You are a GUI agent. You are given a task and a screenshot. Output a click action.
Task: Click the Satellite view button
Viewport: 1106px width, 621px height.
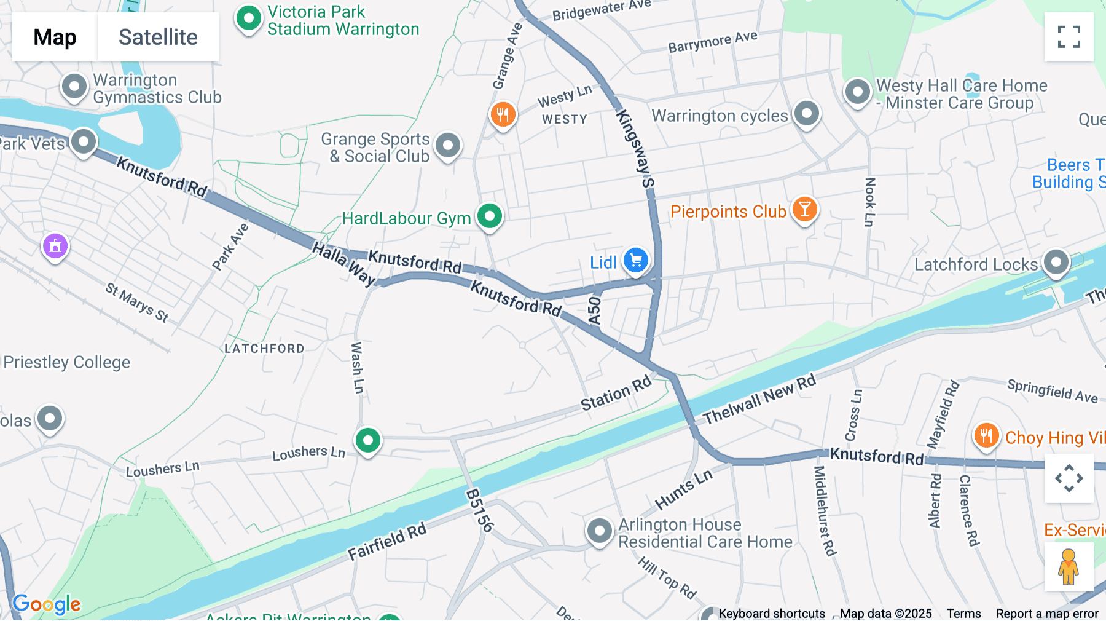(158, 37)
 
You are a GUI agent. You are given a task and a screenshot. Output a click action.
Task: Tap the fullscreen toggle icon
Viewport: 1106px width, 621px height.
(1069, 37)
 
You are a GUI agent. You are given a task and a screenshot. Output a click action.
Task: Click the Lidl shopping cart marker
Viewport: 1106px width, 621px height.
(636, 261)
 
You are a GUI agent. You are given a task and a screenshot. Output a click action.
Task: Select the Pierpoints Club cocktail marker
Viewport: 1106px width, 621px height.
(804, 210)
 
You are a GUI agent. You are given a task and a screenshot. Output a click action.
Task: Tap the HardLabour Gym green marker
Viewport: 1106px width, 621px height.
(490, 216)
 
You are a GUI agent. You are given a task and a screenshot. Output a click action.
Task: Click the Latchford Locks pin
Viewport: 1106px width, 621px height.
(1056, 263)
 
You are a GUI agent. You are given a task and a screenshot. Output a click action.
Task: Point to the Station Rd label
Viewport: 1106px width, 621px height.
(616, 394)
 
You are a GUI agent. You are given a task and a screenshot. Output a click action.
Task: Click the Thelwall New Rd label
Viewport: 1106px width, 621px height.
(759, 400)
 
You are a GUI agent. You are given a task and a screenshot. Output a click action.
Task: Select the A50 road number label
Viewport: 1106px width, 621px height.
(594, 310)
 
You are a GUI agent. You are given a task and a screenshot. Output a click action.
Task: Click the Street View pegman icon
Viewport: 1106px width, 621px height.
(1069, 567)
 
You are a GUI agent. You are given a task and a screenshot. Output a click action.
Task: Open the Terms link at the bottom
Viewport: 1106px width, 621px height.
(963, 614)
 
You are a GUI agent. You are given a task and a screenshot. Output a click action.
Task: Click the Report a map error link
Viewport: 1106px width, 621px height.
(1047, 614)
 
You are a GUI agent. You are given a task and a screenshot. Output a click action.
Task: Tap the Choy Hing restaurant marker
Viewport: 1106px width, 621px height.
(986, 435)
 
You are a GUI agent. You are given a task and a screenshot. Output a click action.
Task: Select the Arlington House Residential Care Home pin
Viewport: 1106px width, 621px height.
(599, 530)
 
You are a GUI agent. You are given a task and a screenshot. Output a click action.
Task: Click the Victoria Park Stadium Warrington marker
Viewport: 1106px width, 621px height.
(249, 18)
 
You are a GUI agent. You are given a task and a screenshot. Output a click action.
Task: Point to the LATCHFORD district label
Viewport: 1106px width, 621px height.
(264, 349)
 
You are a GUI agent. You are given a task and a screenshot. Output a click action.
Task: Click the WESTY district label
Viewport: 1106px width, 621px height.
(564, 119)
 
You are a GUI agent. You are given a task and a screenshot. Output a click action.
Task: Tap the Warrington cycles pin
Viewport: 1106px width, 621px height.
(806, 114)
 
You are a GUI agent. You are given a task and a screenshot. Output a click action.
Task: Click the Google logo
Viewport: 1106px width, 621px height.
(47, 604)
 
